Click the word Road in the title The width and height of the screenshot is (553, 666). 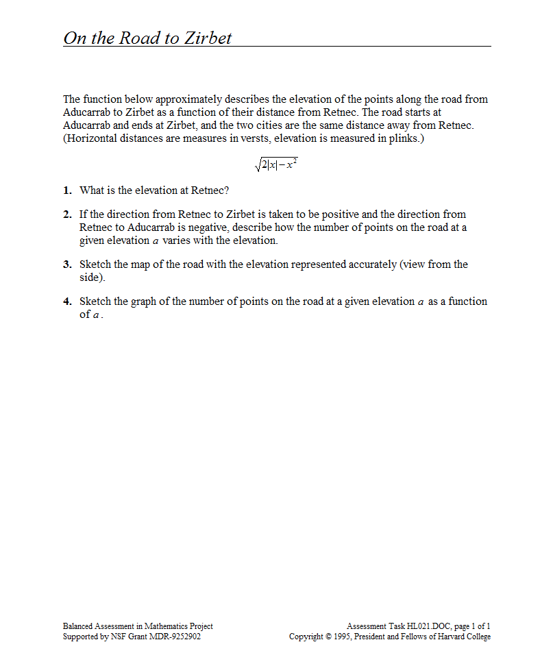[140, 38]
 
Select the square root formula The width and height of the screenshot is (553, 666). [275, 165]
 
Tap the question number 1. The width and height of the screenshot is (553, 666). [67, 190]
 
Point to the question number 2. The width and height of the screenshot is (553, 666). [67, 214]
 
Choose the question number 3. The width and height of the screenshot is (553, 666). [67, 264]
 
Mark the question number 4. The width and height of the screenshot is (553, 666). [67, 301]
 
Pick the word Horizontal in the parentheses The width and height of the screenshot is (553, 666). [91, 139]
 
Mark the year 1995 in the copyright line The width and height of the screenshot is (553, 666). [341, 637]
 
